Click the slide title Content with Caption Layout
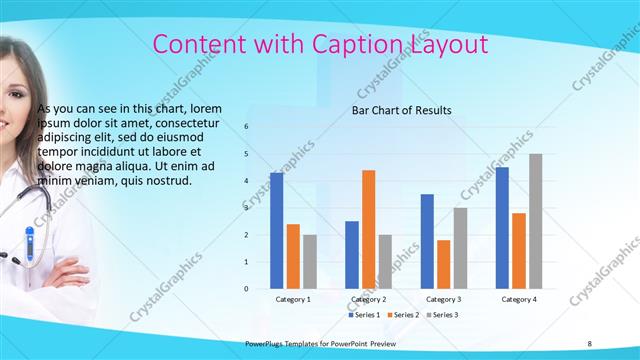click(x=320, y=45)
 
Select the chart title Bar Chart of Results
click(x=401, y=110)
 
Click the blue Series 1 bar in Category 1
click(x=276, y=231)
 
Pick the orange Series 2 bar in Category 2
click(x=368, y=229)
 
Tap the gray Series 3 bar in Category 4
click(x=536, y=221)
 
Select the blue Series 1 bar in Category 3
click(x=427, y=241)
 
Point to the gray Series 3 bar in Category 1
click(x=309, y=261)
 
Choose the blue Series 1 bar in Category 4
click(x=502, y=228)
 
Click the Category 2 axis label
click(x=368, y=299)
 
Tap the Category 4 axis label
click(x=519, y=299)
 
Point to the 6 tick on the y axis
click(x=247, y=127)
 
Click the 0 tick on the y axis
click(x=247, y=289)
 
